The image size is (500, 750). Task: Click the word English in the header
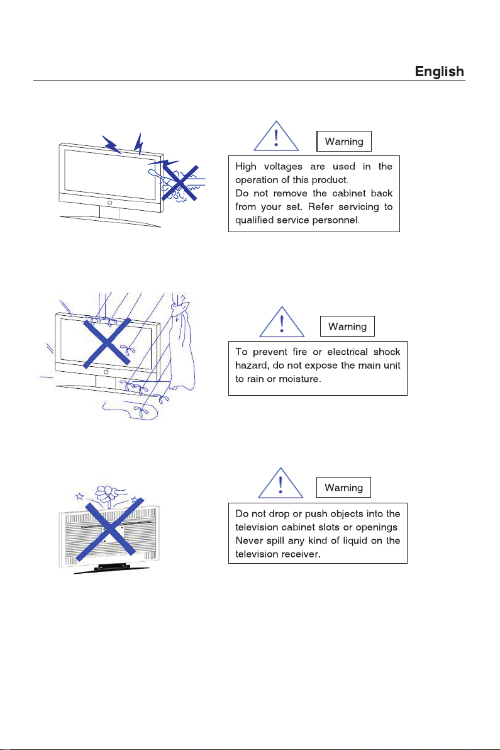[x=439, y=72]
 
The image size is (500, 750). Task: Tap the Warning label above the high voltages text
[x=344, y=142]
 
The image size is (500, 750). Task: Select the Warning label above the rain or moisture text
[x=348, y=327]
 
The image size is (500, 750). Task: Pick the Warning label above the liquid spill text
[x=344, y=488]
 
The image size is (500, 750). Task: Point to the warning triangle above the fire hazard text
[x=282, y=322]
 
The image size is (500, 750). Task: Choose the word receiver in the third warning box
[x=297, y=555]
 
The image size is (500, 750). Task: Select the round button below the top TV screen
[x=109, y=203]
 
